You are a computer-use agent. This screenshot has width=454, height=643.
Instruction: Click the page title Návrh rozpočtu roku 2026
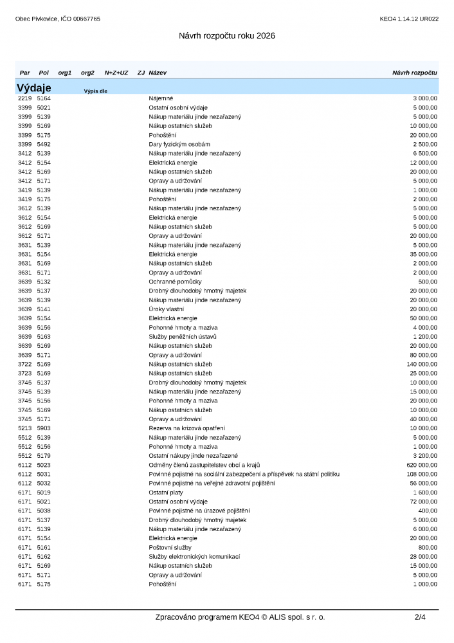point(227,36)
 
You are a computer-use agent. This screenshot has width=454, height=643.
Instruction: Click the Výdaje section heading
point(34,87)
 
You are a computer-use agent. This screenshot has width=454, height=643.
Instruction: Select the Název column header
point(158,73)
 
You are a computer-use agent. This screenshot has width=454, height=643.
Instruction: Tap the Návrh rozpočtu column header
point(414,73)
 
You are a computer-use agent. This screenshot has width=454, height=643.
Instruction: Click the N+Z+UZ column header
point(116,73)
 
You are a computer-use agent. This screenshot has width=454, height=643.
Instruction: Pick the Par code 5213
point(24,428)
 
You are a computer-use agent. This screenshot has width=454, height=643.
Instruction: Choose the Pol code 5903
point(44,428)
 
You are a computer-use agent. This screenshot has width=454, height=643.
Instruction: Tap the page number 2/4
point(420,617)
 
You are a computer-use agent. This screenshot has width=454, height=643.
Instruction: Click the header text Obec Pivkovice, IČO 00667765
point(58,19)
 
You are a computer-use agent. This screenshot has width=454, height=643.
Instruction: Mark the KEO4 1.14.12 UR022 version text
point(409,19)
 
